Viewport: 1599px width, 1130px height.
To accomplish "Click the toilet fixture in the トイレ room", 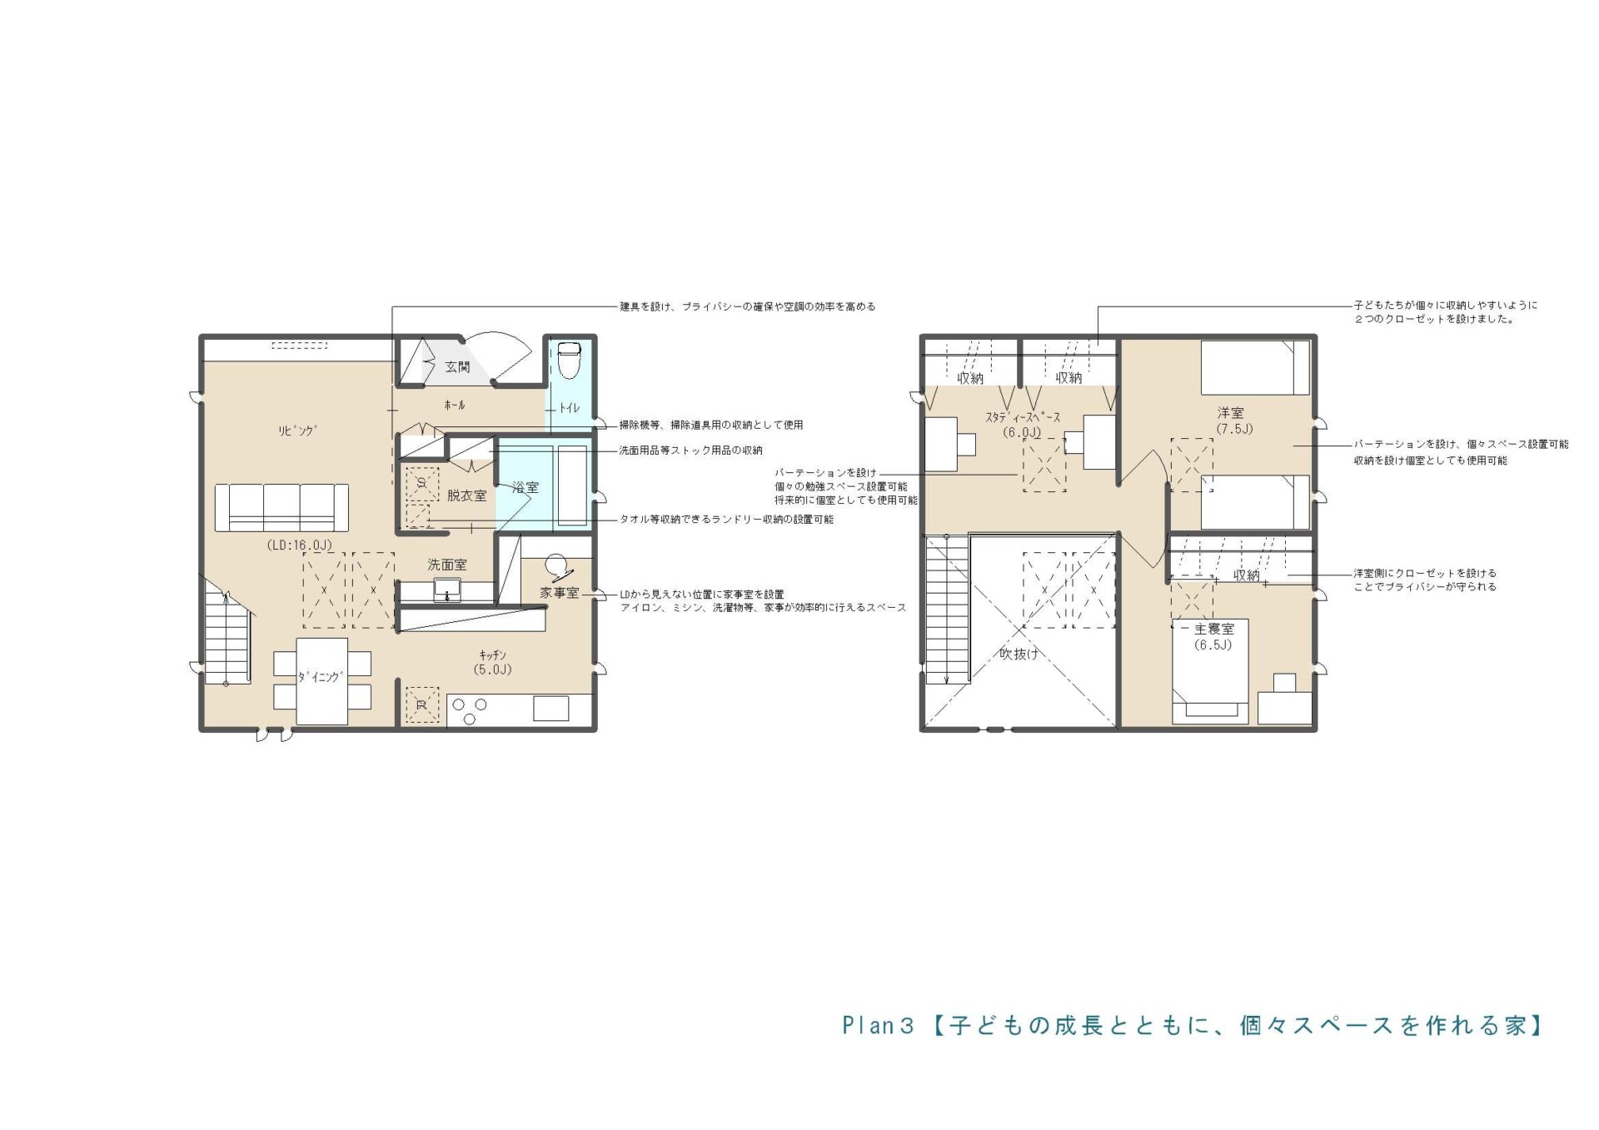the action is pyautogui.click(x=570, y=360).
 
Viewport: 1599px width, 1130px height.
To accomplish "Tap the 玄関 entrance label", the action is pyautogui.click(x=457, y=366).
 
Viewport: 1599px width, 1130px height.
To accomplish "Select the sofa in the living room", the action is pyautogui.click(x=281, y=507).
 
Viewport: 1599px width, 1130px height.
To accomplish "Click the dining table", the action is pyautogui.click(x=322, y=680).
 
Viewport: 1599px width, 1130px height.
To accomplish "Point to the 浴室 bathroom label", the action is pyautogui.click(x=526, y=487).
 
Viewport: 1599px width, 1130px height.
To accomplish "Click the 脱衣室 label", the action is pyautogui.click(x=466, y=495).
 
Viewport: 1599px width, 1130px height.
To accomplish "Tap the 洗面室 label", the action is pyautogui.click(x=447, y=565).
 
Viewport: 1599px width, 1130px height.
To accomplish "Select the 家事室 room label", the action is pyautogui.click(x=559, y=593).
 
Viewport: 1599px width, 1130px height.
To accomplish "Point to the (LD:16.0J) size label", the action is pyautogui.click(x=299, y=545).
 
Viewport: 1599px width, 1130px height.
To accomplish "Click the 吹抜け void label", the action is pyautogui.click(x=1019, y=654).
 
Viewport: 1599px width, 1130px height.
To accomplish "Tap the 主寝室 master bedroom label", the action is pyautogui.click(x=1214, y=629).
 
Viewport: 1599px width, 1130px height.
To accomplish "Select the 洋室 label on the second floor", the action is pyautogui.click(x=1230, y=413).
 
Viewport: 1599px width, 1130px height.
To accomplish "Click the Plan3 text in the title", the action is pyautogui.click(x=878, y=1025).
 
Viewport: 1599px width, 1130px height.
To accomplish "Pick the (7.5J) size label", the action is pyautogui.click(x=1234, y=429).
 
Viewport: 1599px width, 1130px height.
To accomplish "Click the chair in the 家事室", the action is pyautogui.click(x=558, y=566).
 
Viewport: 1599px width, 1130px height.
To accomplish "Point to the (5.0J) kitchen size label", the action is pyautogui.click(x=492, y=670).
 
